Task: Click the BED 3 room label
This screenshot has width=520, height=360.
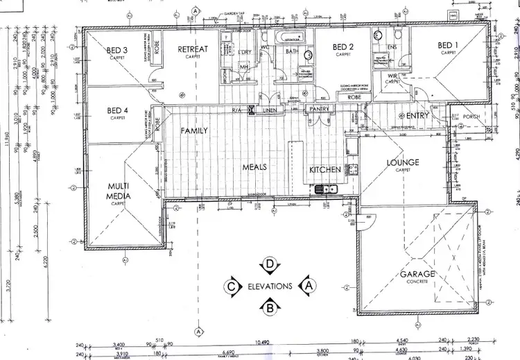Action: coord(117,50)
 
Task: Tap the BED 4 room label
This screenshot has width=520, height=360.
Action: coord(117,110)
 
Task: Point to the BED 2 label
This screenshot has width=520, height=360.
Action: coord(343,47)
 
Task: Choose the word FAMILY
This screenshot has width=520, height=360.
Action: coord(195,130)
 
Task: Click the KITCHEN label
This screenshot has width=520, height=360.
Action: coord(324,169)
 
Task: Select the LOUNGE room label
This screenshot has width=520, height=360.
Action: coord(403,163)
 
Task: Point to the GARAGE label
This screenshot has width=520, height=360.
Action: coord(417,274)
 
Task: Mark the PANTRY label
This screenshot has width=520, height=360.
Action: coord(319,109)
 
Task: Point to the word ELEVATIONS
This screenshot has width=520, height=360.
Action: coord(270,285)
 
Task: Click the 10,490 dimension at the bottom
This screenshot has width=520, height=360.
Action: coord(261,342)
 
